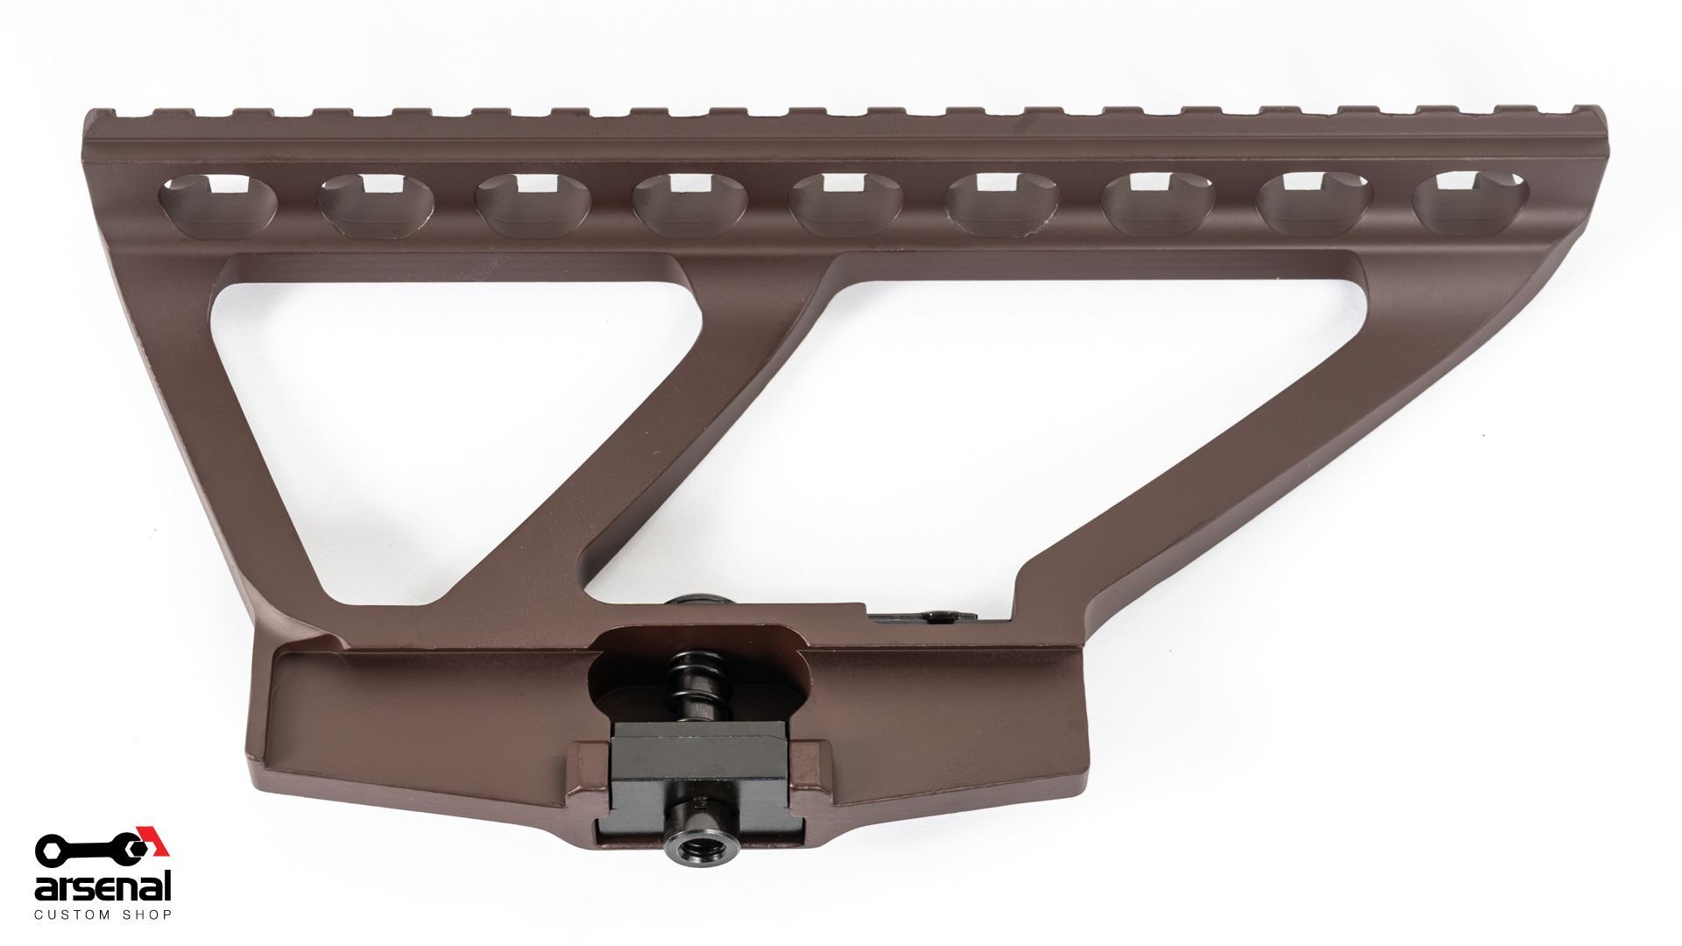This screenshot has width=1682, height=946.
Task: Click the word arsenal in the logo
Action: click(x=102, y=888)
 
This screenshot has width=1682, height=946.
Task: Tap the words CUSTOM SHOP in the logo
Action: click(x=102, y=915)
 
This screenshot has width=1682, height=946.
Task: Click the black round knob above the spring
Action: click(x=692, y=604)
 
